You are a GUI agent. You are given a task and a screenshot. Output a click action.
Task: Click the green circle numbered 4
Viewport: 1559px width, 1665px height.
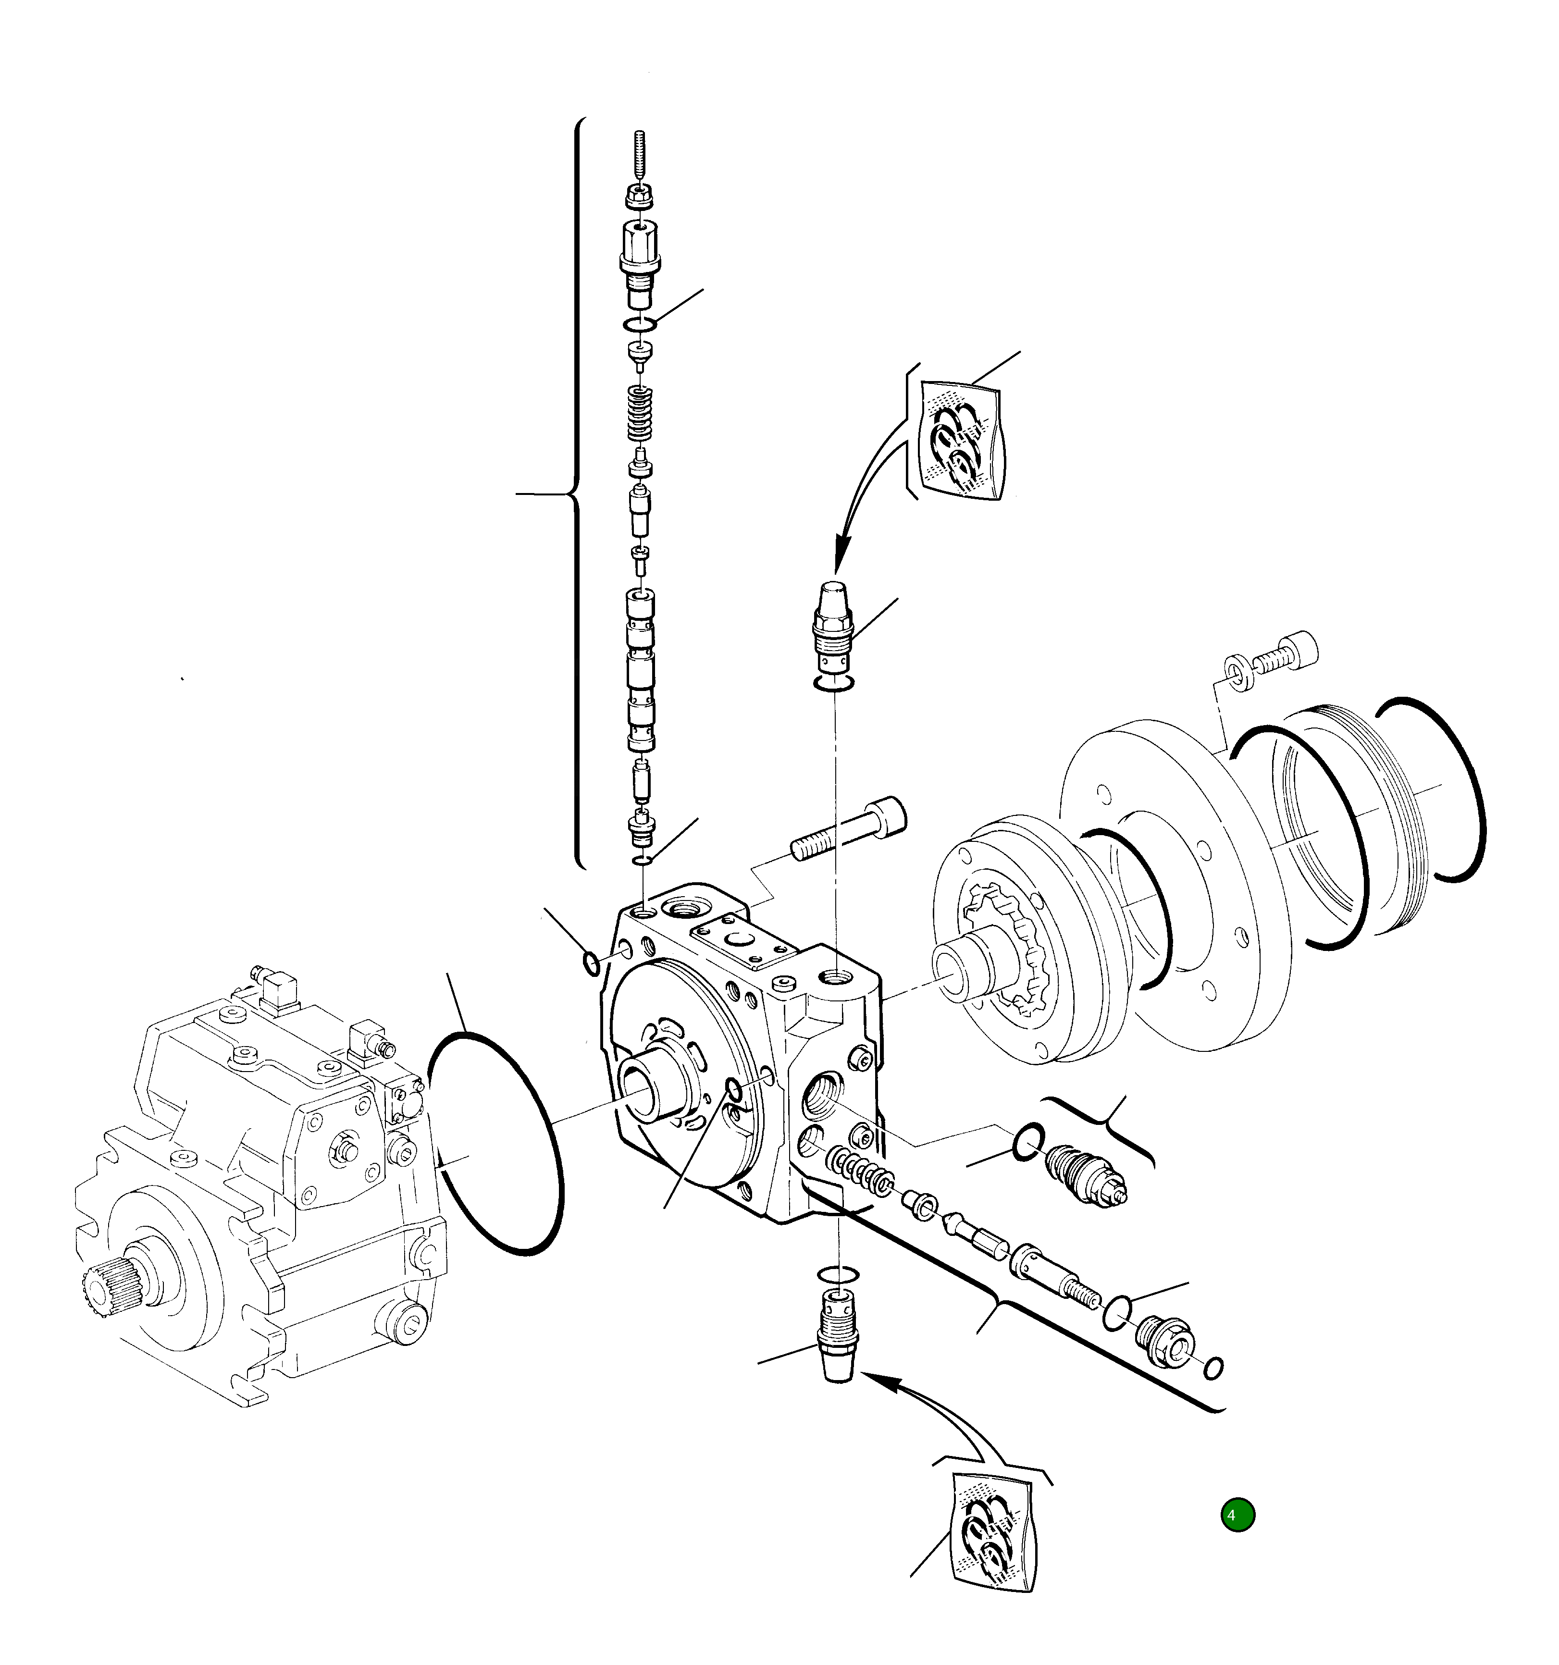click(1237, 1514)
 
